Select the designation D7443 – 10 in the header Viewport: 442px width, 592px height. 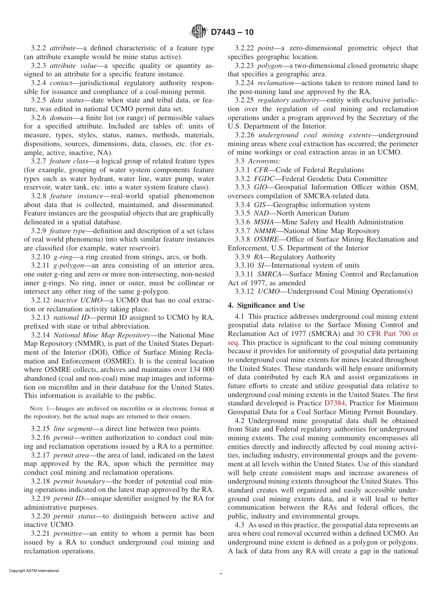(232, 32)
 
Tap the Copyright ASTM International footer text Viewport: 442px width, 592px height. (34, 571)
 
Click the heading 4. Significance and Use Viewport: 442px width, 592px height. (266, 305)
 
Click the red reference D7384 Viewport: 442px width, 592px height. (335, 403)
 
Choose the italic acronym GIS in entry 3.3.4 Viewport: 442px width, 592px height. (260, 205)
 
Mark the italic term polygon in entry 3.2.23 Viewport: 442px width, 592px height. (270, 66)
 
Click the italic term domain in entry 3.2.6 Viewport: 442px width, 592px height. (61, 118)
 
